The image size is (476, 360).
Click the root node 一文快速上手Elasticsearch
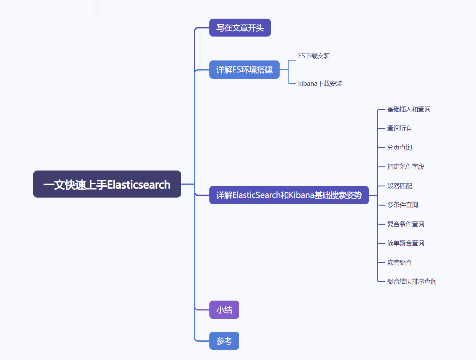pos(107,184)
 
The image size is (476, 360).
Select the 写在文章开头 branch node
pos(240,28)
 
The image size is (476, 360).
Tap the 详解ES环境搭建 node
pos(244,70)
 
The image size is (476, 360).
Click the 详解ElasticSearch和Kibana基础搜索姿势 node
pos(289,195)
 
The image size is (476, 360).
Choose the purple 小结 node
pos(224,310)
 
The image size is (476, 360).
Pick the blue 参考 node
pos(224,341)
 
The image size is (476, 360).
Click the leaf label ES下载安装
pos(314,56)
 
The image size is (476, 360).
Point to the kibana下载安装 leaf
pos(320,84)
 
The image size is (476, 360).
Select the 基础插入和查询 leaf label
pos(409,109)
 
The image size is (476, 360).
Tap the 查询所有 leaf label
pos(399,128)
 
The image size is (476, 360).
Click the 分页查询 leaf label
pos(399,148)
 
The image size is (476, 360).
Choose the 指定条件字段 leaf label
pos(406,167)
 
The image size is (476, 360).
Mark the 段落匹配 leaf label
pos(399,186)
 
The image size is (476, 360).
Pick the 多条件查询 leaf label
pos(403,205)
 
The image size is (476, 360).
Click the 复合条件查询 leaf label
pos(406,224)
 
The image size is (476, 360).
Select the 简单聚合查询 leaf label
pos(406,243)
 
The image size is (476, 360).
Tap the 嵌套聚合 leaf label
pos(399,263)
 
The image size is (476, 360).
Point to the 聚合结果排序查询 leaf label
pos(412,282)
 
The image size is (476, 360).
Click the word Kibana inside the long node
pos(301,195)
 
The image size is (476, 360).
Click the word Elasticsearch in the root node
pos(139,185)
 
